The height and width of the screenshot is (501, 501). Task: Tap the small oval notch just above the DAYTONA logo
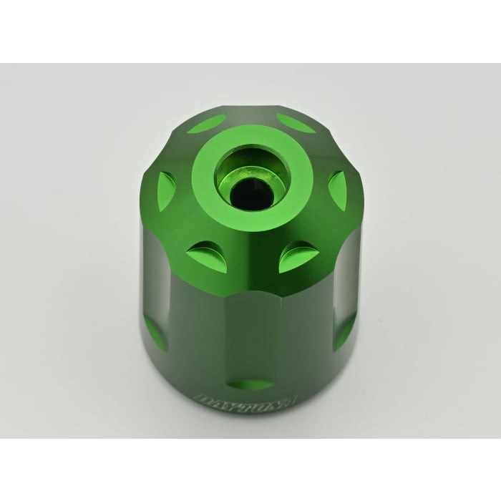point(250,384)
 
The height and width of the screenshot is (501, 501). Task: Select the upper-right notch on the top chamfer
point(295,122)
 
